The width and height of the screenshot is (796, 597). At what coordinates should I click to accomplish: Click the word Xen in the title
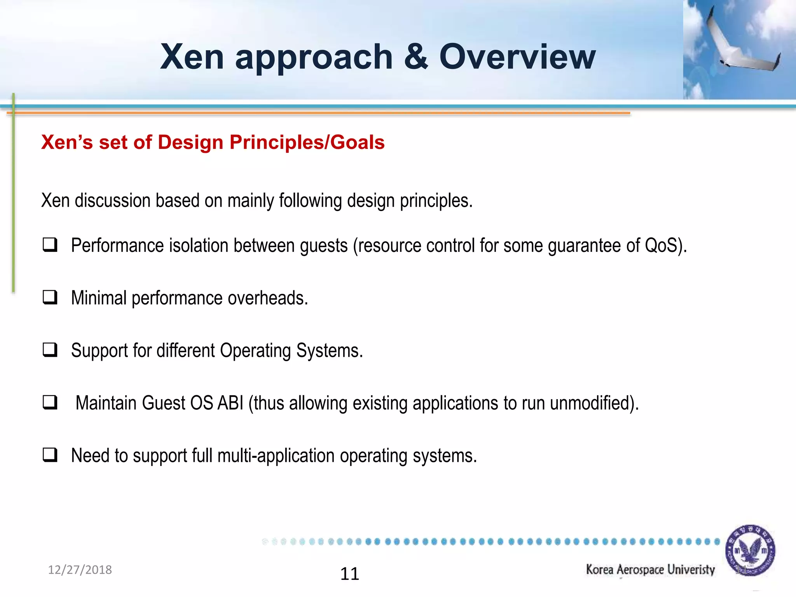point(192,57)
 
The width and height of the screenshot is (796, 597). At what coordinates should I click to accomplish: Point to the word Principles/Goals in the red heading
point(307,142)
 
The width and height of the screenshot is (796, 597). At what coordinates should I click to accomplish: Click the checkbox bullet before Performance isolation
point(50,245)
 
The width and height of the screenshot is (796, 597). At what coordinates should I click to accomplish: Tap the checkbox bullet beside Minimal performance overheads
point(50,298)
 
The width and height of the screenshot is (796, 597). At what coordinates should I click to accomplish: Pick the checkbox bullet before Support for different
point(50,350)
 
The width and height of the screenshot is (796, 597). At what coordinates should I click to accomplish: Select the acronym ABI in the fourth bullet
point(230,403)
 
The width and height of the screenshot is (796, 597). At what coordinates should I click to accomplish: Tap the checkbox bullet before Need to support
point(50,455)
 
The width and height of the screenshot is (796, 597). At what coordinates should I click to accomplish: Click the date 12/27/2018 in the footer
point(80,570)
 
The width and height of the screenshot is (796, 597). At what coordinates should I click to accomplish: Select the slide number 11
point(349,574)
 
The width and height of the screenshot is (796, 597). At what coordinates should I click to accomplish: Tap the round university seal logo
point(750,550)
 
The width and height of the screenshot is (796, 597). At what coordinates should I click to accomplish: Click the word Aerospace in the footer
point(640,570)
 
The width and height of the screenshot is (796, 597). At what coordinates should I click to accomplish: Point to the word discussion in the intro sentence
point(112,201)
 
